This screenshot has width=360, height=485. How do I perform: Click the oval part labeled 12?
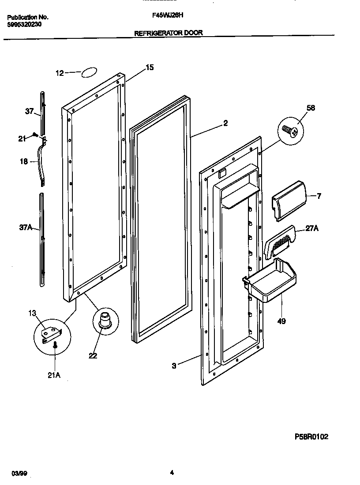89,73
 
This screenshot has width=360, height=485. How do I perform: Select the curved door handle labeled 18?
43,162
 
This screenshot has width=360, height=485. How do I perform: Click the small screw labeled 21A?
55,347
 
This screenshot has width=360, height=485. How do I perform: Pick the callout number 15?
150,67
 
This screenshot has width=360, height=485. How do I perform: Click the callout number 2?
225,123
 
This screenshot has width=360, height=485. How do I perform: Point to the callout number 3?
174,366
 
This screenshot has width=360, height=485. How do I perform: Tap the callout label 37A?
25,228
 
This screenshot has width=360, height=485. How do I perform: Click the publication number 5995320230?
25,25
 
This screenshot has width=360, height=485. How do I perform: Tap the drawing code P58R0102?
311,436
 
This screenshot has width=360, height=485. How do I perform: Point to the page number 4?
172,473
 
